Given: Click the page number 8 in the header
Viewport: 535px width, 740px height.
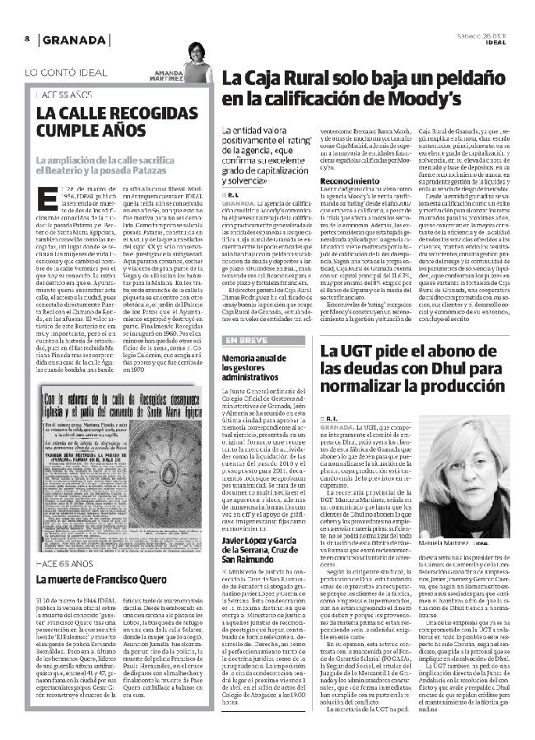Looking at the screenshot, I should coord(27,40).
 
